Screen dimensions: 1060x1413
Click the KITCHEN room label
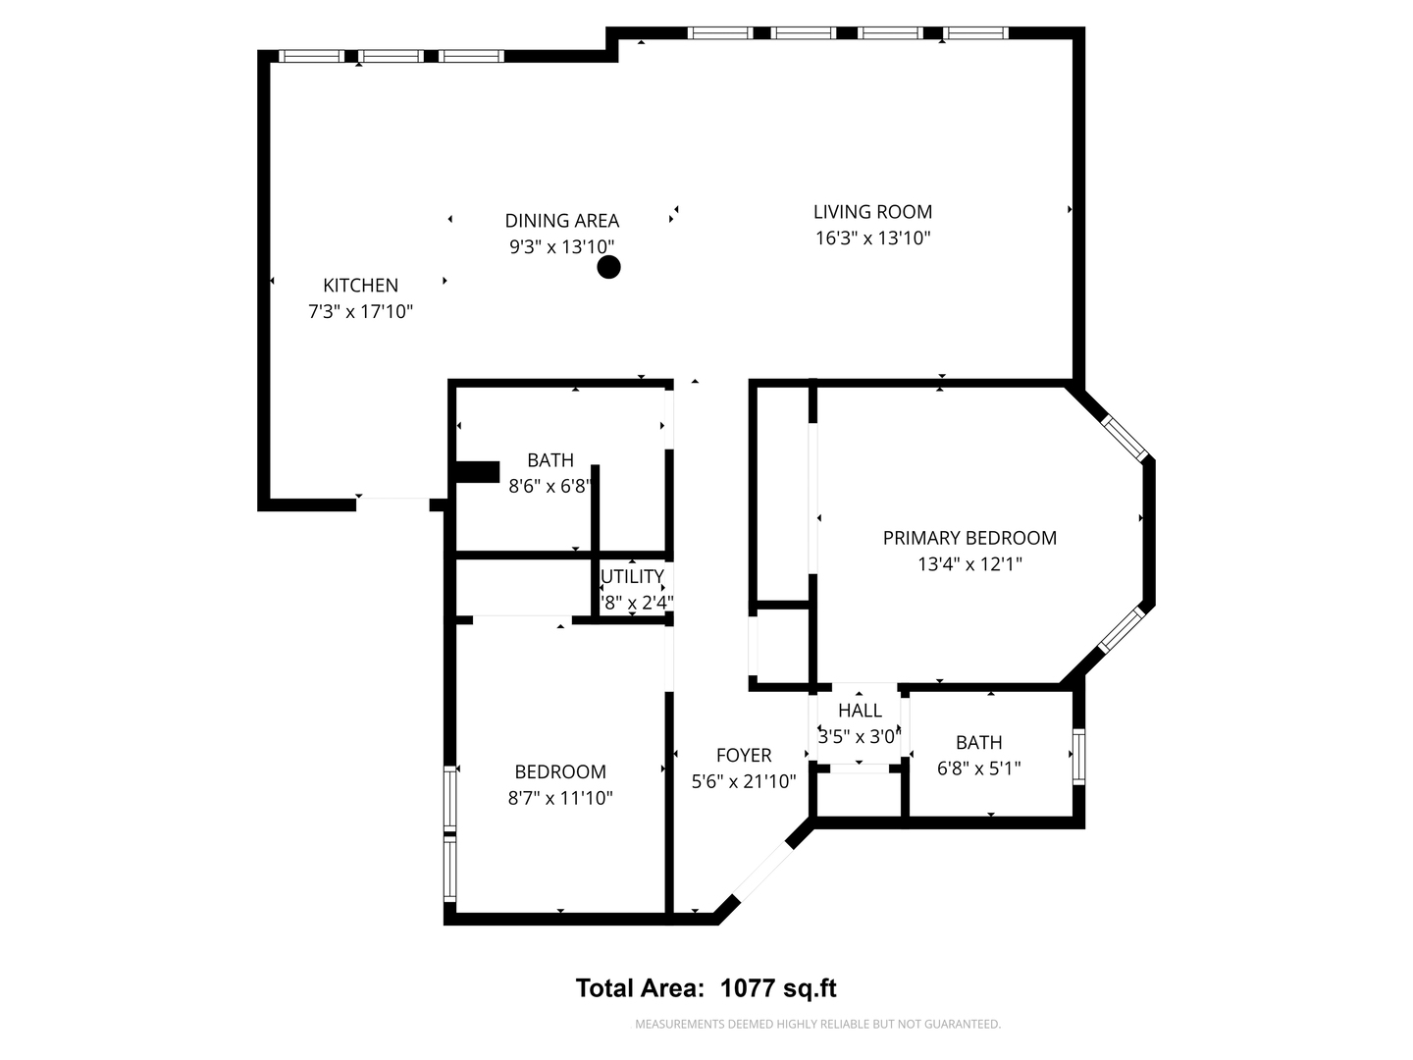click(360, 286)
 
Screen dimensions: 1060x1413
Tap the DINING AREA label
click(561, 221)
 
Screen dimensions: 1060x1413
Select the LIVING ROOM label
click(872, 211)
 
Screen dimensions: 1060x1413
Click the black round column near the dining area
click(609, 267)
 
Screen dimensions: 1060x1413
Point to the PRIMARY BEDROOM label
click(969, 538)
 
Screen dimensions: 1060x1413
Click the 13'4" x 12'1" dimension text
click(969, 564)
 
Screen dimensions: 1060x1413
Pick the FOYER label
click(743, 755)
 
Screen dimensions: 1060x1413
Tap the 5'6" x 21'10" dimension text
click(743, 781)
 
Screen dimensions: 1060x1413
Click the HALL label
click(860, 711)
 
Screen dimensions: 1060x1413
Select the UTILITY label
click(633, 576)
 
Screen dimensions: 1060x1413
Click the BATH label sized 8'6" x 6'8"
click(549, 460)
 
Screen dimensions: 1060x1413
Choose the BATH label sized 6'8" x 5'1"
click(978, 743)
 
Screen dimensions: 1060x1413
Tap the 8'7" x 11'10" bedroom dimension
click(559, 798)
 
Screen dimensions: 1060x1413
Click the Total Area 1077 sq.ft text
click(706, 988)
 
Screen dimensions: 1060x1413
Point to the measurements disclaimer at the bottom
click(817, 1025)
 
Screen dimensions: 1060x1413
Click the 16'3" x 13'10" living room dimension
click(872, 238)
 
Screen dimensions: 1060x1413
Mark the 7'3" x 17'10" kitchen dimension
click(360, 312)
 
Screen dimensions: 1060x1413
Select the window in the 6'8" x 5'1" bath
click(1078, 756)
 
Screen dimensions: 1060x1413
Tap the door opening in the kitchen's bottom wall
click(392, 504)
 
